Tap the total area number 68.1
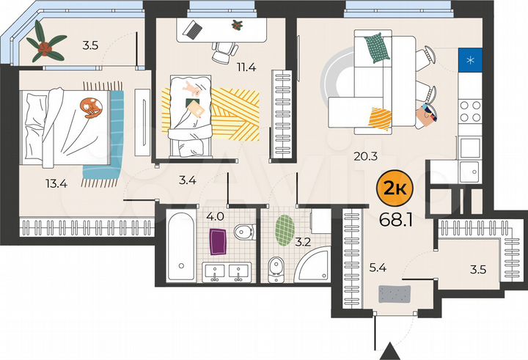coord(396,219)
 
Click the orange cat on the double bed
coord(91,107)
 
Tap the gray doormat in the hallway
coord(395,293)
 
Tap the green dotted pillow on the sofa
coord(375,48)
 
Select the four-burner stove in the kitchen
coord(470,114)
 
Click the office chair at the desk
coord(224,51)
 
